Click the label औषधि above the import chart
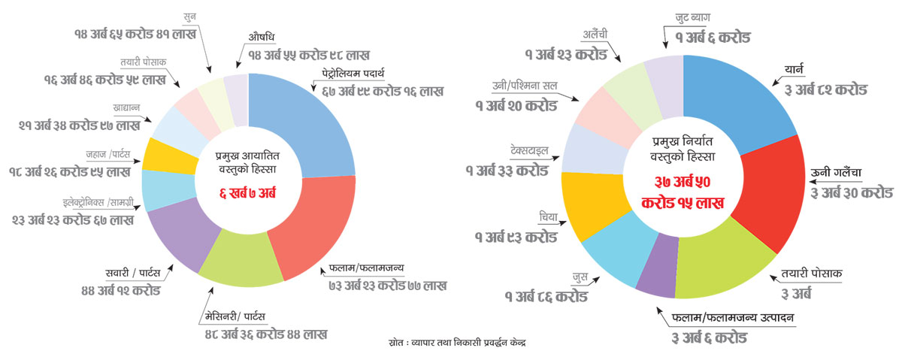(262, 38)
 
